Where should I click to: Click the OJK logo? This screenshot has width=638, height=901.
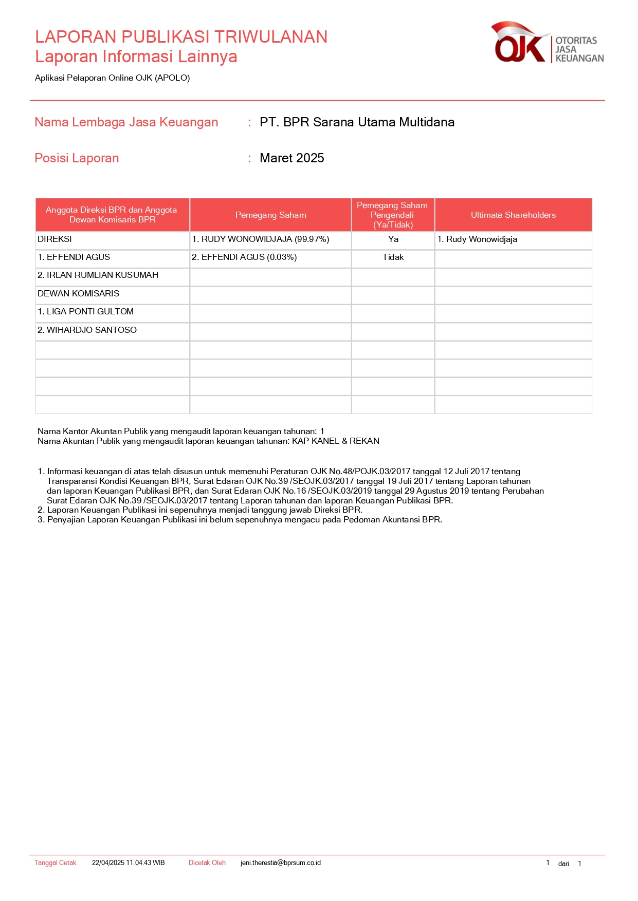(x=546, y=43)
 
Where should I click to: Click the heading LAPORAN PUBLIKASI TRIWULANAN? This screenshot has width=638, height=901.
(x=181, y=37)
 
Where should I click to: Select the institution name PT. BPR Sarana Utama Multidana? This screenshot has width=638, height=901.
(x=357, y=122)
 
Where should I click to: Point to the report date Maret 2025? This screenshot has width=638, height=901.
(x=291, y=158)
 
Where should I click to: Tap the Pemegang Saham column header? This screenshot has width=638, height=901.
(x=270, y=215)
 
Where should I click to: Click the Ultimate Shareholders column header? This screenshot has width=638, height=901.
(x=513, y=215)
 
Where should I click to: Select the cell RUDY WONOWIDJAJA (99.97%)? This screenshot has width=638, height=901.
(x=261, y=239)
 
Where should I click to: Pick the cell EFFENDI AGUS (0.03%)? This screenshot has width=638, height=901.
(x=244, y=257)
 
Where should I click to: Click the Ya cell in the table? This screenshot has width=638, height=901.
(x=393, y=239)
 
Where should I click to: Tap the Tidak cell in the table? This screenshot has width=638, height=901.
(x=393, y=257)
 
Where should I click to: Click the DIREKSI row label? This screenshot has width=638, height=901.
(x=54, y=239)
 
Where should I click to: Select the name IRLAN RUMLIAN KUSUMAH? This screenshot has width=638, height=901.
(x=98, y=275)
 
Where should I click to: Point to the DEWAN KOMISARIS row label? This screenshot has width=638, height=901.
(x=78, y=294)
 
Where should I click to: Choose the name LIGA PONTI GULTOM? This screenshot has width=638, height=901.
(x=85, y=312)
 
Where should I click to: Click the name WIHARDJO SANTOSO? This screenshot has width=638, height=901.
(x=87, y=330)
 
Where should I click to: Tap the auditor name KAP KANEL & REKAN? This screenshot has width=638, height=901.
(x=336, y=441)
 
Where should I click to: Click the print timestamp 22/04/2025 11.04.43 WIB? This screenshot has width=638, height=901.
(x=129, y=863)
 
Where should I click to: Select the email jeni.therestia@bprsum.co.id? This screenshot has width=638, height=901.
(x=281, y=863)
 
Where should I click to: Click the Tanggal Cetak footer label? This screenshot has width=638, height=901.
(x=55, y=863)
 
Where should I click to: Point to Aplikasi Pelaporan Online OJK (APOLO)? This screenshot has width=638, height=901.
(x=113, y=78)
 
